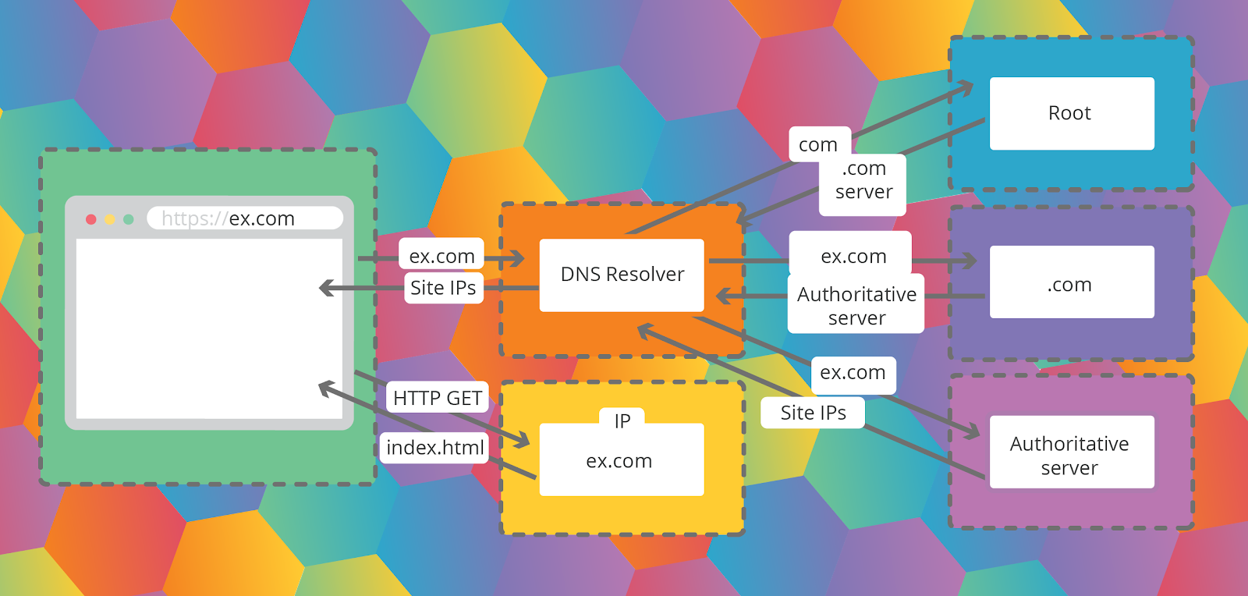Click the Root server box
[1072, 113]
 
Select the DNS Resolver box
[622, 275]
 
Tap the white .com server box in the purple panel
[1072, 282]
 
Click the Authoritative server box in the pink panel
[1072, 452]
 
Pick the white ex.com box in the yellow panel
[622, 460]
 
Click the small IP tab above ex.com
[622, 420]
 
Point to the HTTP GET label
[437, 398]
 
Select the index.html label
[435, 448]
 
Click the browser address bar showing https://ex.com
[245, 218]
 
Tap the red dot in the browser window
[91, 219]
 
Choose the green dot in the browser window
[129, 219]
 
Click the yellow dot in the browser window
[110, 219]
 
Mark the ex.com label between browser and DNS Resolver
[441, 256]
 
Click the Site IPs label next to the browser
[443, 287]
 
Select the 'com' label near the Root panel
[818, 144]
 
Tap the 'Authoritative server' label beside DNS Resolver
[856, 305]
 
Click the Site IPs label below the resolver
[813, 413]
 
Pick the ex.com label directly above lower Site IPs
[853, 373]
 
